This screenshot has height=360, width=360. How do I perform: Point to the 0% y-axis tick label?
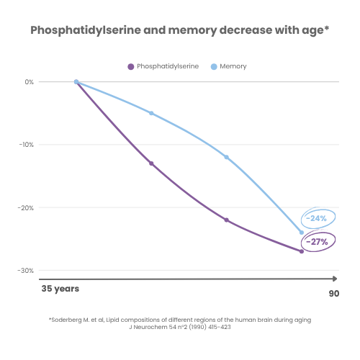pos(29,82)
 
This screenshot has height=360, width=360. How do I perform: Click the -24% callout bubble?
pos(315,218)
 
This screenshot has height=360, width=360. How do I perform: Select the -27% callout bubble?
pos(316,242)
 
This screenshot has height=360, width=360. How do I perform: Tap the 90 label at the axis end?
pos(333,293)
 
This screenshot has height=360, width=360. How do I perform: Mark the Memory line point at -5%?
pos(151,113)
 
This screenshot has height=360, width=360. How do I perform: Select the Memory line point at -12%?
pos(226,157)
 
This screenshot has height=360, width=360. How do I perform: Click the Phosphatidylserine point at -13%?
pos(151,163)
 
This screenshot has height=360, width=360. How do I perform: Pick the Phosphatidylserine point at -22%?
pos(226,220)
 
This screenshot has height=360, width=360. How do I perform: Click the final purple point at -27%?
pos(301,251)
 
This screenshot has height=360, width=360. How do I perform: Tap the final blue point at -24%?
pos(301,233)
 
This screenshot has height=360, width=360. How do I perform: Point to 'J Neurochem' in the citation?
pos(147,327)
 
